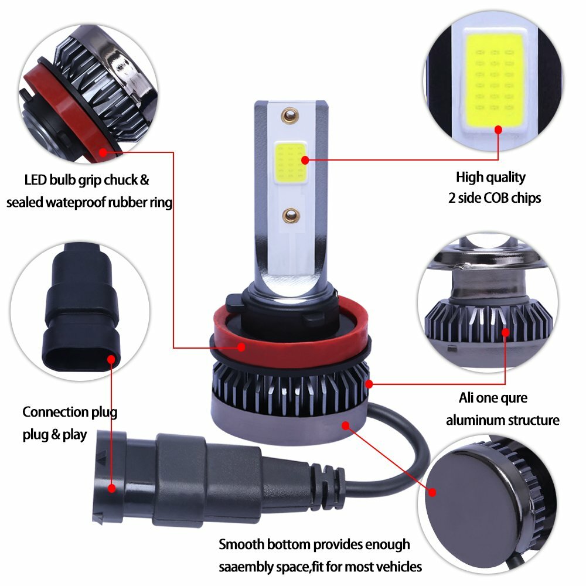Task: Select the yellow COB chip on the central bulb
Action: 288,161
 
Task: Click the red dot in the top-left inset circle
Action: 103,152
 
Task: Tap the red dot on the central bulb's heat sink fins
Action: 369,384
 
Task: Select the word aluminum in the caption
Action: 476,420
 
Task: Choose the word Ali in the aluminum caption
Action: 467,398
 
